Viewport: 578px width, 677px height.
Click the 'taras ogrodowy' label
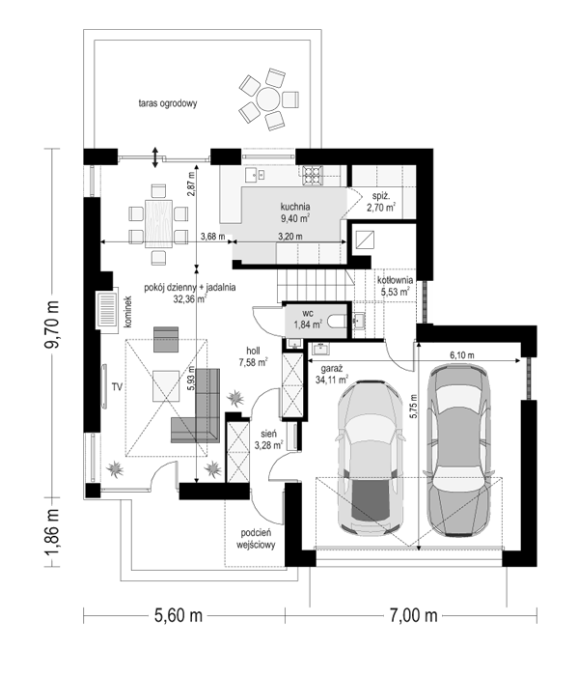(168, 103)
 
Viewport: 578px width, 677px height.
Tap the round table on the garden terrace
(268, 99)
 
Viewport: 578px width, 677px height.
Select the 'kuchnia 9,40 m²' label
(295, 212)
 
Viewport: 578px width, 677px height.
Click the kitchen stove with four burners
(313, 176)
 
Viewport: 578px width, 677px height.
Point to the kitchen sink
(255, 175)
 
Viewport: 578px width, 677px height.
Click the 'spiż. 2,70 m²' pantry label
(381, 202)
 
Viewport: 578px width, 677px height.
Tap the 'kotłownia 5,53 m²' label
(395, 286)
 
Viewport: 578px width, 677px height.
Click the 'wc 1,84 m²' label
(308, 319)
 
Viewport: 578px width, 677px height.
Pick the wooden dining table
(159, 224)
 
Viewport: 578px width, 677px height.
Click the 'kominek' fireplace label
(127, 312)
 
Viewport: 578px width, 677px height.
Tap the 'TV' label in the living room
(117, 387)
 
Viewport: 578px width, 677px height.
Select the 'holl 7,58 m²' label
(253, 356)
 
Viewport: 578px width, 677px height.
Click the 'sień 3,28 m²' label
(268, 439)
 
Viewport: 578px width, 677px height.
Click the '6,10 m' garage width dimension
(462, 355)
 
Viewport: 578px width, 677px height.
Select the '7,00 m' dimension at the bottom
(414, 615)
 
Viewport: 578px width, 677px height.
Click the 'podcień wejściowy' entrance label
(256, 539)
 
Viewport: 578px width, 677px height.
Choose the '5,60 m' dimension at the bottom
(179, 615)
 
